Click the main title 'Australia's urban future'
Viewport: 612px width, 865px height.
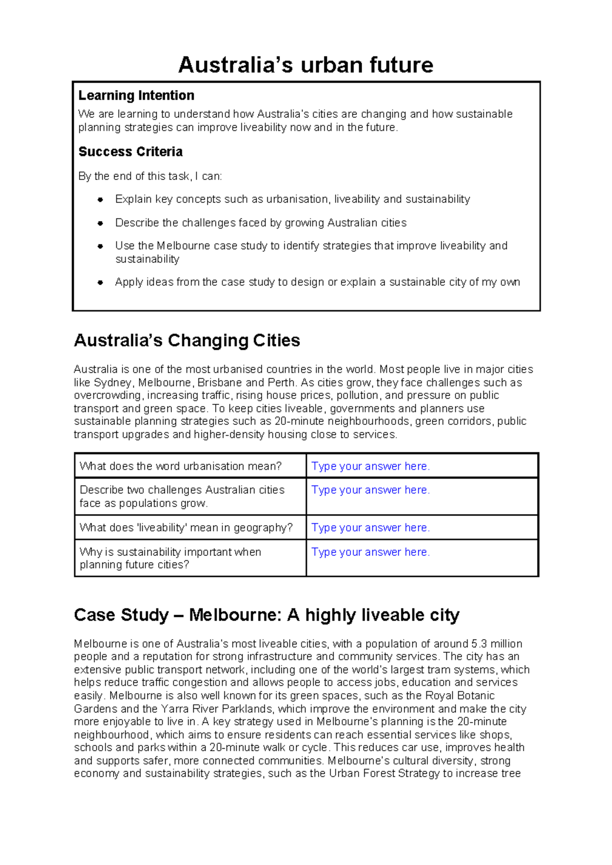[x=305, y=65]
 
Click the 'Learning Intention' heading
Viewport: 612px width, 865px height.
[x=136, y=95]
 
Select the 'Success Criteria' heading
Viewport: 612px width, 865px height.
[x=131, y=151]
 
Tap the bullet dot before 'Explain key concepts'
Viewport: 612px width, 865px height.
[x=100, y=199]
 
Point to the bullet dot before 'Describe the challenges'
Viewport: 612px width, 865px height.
[x=100, y=223]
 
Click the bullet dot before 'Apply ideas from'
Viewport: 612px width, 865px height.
[x=100, y=282]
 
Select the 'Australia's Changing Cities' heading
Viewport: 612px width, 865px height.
[x=187, y=340]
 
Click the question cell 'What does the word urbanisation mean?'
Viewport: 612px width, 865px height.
[x=181, y=466]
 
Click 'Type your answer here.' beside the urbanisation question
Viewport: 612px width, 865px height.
[x=371, y=466]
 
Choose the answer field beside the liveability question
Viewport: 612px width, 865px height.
[x=371, y=528]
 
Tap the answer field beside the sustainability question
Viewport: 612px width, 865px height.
[x=371, y=552]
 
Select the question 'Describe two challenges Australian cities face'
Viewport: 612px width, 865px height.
[x=182, y=496]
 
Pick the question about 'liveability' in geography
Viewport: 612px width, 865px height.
[x=186, y=528]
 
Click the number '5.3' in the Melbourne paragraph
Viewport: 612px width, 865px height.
[x=480, y=644]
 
